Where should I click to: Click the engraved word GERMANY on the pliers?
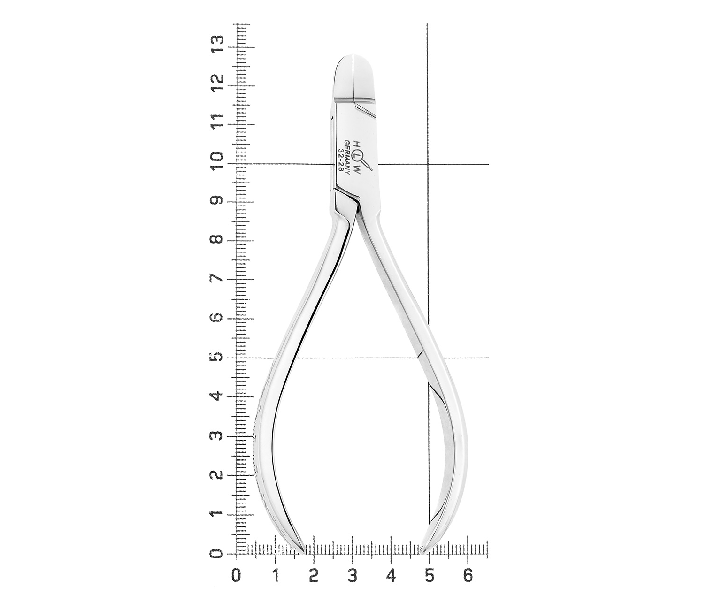pyautogui.click(x=346, y=157)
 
